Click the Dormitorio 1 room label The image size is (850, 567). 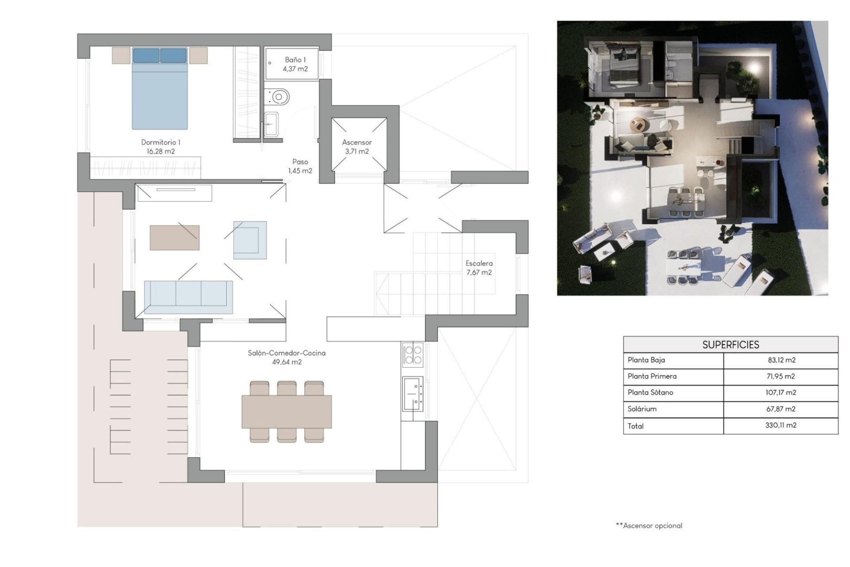tap(160, 147)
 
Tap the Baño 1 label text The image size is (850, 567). tap(295, 64)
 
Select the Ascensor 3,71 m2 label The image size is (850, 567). tap(356, 147)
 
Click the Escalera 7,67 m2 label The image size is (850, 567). tap(479, 268)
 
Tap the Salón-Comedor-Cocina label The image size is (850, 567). tap(286, 357)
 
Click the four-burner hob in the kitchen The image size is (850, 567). tap(413, 354)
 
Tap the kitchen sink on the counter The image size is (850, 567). tap(413, 393)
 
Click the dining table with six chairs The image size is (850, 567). tap(286, 412)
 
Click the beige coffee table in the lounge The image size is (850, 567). tap(174, 238)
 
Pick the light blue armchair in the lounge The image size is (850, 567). tap(250, 240)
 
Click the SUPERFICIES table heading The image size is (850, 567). tap(730, 345)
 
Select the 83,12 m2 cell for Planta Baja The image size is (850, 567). tap(781, 360)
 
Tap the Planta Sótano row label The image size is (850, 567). tap(650, 392)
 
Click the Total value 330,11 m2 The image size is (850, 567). tap(780, 425)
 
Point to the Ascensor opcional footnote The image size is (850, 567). tap(649, 526)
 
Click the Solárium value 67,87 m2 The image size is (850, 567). tap(780, 409)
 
